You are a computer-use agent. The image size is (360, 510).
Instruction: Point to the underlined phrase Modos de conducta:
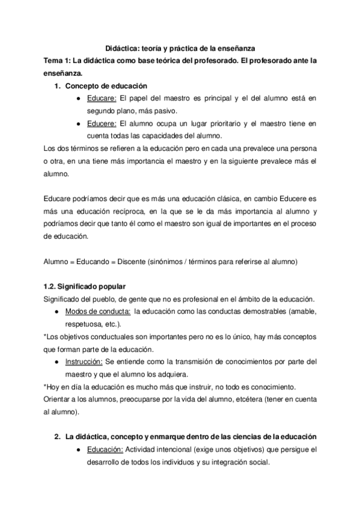pyautogui.click(x=97, y=311)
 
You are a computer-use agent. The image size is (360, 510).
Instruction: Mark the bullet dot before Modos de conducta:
pyautogui.click(x=56, y=312)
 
